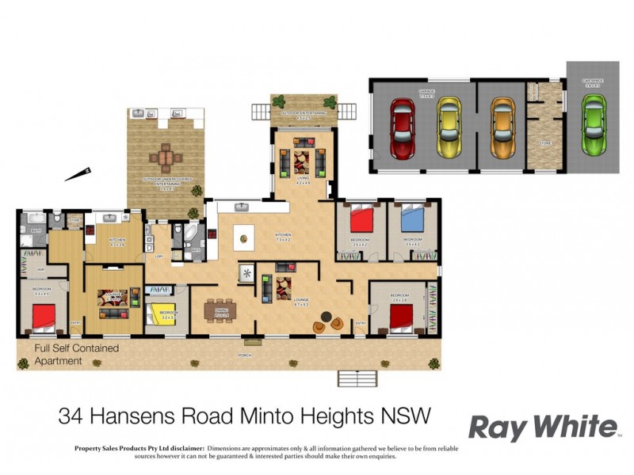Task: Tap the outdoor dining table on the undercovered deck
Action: pos(166,158)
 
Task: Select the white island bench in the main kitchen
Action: pos(243,235)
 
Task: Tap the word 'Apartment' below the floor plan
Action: pos(58,361)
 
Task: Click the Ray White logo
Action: pos(542,427)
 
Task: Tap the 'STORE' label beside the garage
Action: pos(544,143)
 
